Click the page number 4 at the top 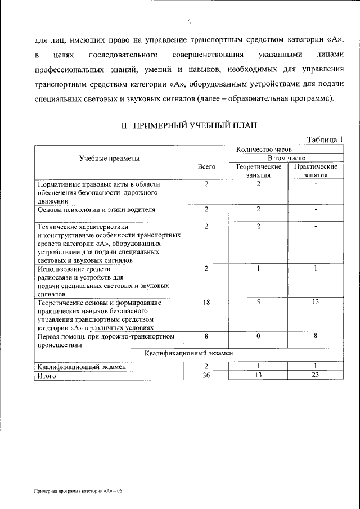(x=190, y=22)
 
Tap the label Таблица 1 (x=325, y=140)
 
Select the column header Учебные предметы (x=109, y=159)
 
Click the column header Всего (x=207, y=167)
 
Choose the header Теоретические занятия (x=258, y=171)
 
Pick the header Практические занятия (x=316, y=171)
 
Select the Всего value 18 (x=206, y=303)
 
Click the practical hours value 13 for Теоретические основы (x=316, y=303)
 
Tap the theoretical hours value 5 (x=258, y=303)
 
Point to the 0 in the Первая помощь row (x=258, y=336)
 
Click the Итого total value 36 (x=206, y=376)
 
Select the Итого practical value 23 (x=316, y=376)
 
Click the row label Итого (x=48, y=376)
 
